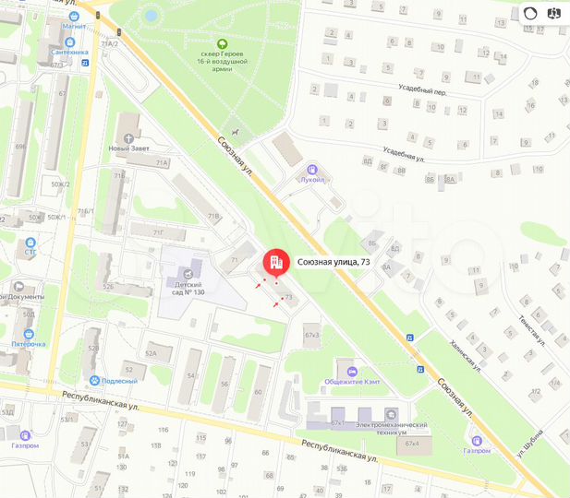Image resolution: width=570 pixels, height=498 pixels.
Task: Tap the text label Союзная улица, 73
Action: point(334,262)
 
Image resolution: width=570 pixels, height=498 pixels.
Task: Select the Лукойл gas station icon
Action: point(313,170)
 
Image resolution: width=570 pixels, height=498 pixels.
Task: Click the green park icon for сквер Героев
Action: point(221,43)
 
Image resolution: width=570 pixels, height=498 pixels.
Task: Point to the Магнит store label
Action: point(74,27)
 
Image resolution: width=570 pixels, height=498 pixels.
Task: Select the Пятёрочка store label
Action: point(29,344)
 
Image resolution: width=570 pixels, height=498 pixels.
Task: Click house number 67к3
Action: point(311,334)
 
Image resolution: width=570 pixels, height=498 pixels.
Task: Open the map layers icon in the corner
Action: point(554,13)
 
